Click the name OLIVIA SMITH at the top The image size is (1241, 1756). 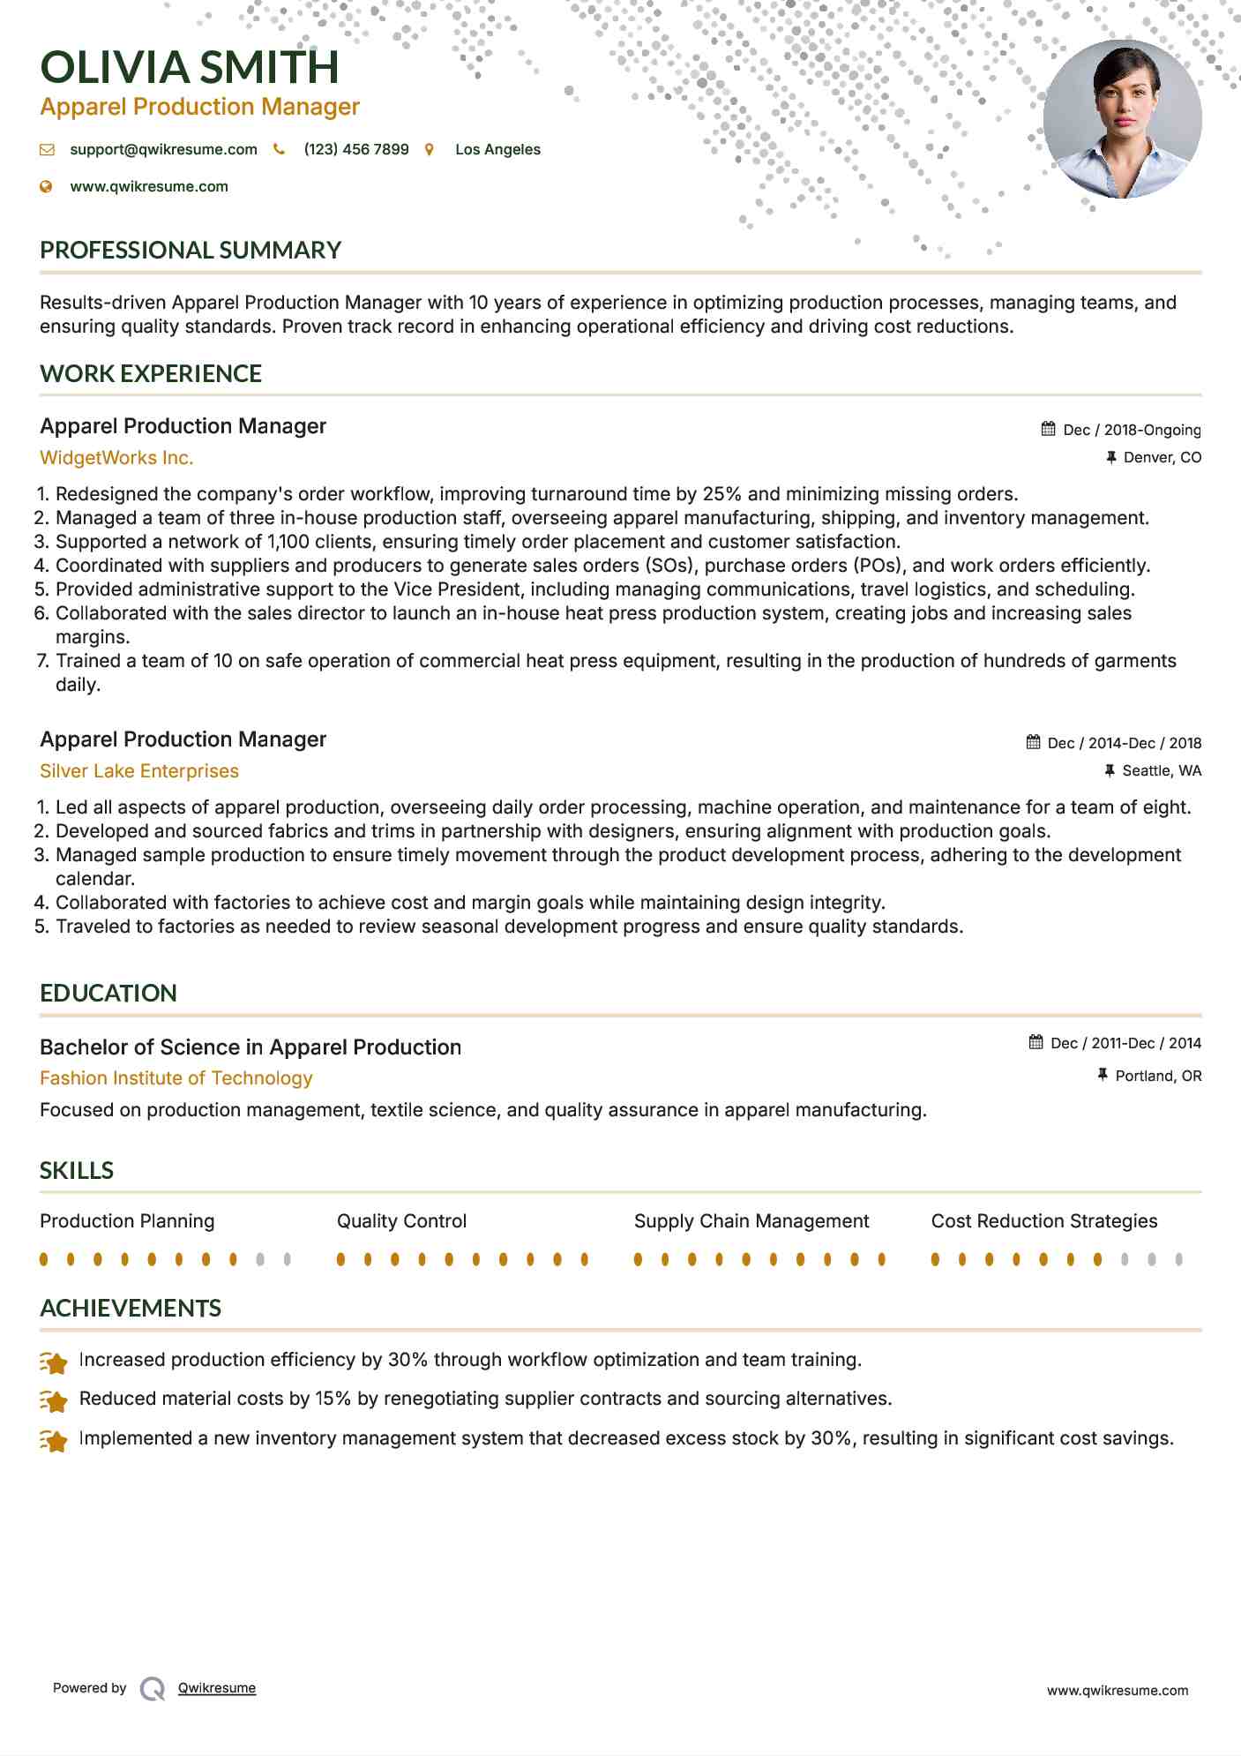[190, 68]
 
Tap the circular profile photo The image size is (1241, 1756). [1122, 119]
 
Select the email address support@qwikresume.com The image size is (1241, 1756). [163, 150]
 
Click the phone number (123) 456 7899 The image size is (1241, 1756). [356, 150]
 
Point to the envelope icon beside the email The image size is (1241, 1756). [47, 150]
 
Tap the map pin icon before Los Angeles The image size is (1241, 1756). [430, 150]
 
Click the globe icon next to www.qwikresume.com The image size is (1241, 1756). [47, 187]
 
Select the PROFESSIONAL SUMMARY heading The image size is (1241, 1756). [191, 251]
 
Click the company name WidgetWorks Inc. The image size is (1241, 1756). [116, 458]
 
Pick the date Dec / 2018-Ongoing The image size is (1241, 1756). [1132, 431]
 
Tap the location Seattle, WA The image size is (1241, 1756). [1161, 771]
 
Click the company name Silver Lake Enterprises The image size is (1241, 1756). [139, 771]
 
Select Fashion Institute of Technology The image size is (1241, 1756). [176, 1078]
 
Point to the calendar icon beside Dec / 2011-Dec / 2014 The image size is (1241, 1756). [1036, 1043]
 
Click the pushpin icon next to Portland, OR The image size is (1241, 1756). [1103, 1075]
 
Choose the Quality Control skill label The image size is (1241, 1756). [401, 1221]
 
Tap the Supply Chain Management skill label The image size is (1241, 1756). [751, 1221]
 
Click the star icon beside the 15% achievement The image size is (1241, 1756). [55, 1401]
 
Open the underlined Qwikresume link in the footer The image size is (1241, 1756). [217, 1688]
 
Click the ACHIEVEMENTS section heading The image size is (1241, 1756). [131, 1309]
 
